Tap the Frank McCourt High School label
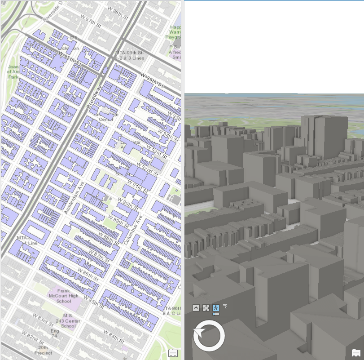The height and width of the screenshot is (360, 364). [x=64, y=296]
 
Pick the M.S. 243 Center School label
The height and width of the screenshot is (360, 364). [x=69, y=321]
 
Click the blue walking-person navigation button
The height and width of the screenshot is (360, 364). [x=216, y=308]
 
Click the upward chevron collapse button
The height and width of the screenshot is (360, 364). [x=196, y=308]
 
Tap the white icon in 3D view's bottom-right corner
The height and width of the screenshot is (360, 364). [x=356, y=352]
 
